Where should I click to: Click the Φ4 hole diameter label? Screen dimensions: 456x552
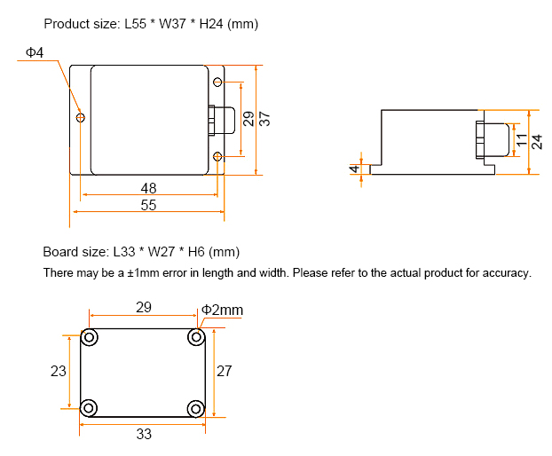pos(35,54)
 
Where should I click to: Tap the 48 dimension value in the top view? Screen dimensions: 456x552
pos(148,188)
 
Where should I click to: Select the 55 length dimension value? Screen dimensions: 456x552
pos(148,205)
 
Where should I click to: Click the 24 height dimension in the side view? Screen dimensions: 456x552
pos(537,141)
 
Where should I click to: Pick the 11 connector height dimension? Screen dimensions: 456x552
pos(522,139)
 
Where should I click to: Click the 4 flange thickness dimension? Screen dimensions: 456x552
pos(355,168)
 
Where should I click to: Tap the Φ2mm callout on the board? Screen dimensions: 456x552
pos(222,310)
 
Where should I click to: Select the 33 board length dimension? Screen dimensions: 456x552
pos(144,434)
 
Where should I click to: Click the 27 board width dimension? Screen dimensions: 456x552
pos(225,371)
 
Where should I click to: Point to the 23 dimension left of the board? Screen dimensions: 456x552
pos(58,372)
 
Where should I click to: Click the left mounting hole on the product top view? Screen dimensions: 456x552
pos(81,117)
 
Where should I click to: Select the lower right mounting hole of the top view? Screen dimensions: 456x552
pos(218,157)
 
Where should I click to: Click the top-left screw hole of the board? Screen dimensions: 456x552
pos(89,337)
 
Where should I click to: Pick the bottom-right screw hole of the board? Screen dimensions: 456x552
pos(195,407)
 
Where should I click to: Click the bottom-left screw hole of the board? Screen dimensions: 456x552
pos(89,407)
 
